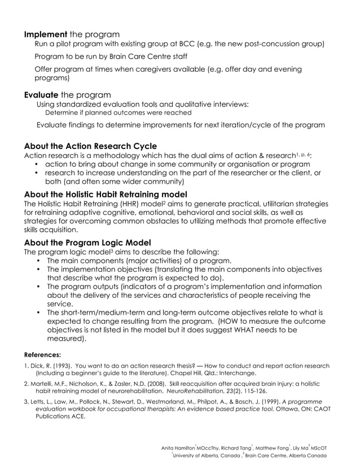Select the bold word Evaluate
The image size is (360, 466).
pos(42,94)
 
